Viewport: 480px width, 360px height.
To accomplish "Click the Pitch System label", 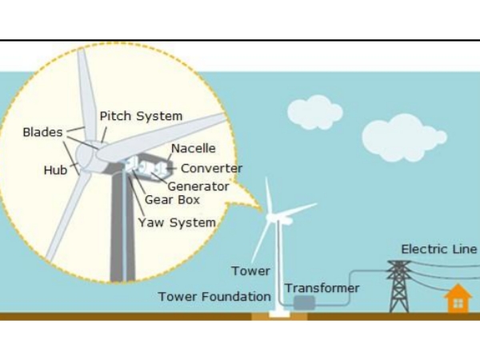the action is click(141, 116).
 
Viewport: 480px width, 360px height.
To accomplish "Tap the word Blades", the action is click(43, 132).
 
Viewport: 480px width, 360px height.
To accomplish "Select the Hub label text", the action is click(55, 170).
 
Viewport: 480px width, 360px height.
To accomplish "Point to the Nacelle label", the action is click(194, 149).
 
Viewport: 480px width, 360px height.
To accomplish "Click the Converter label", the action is click(212, 168).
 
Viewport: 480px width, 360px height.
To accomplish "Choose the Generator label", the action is click(198, 186).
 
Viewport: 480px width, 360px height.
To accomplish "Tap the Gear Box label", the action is click(172, 200).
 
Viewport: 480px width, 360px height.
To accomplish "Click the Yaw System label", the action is click(177, 222).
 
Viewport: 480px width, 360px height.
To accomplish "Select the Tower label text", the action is click(250, 271).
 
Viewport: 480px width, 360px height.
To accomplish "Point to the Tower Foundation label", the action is click(214, 297).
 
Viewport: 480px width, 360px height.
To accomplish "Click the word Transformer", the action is click(322, 288).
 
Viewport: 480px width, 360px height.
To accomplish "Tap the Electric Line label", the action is click(439, 249).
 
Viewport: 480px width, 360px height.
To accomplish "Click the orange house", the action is click(458, 298).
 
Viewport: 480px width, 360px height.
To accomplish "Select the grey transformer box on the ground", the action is click(304, 302).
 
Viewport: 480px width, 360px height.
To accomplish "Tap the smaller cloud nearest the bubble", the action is click(315, 112).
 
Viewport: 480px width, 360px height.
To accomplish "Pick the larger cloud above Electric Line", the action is click(404, 137).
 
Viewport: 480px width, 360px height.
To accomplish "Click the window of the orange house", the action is click(458, 303).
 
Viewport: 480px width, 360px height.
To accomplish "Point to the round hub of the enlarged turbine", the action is click(86, 158).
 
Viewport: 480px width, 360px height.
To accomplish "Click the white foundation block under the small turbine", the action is click(279, 314).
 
